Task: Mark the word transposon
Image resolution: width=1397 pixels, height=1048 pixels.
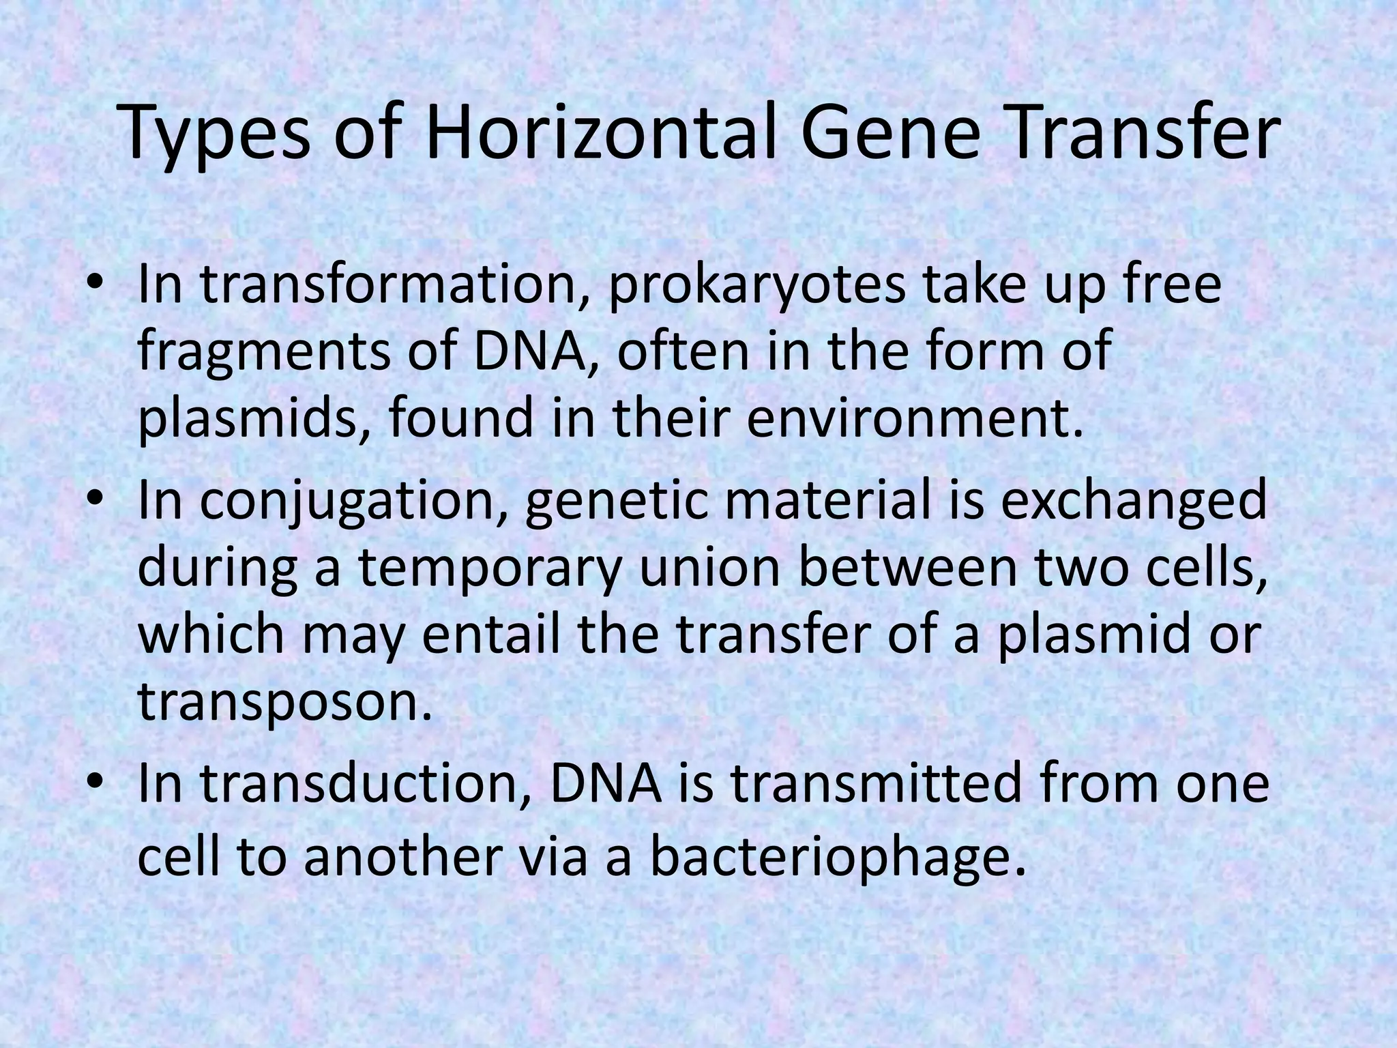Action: click(285, 703)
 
